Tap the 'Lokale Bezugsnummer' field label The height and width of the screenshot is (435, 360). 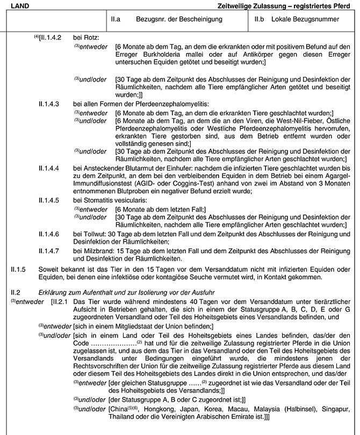click(x=305, y=20)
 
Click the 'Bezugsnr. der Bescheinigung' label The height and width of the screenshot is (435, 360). click(x=167, y=20)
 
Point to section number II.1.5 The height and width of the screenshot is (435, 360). click(x=18, y=269)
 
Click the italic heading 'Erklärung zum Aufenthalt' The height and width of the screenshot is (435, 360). click(x=65, y=293)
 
